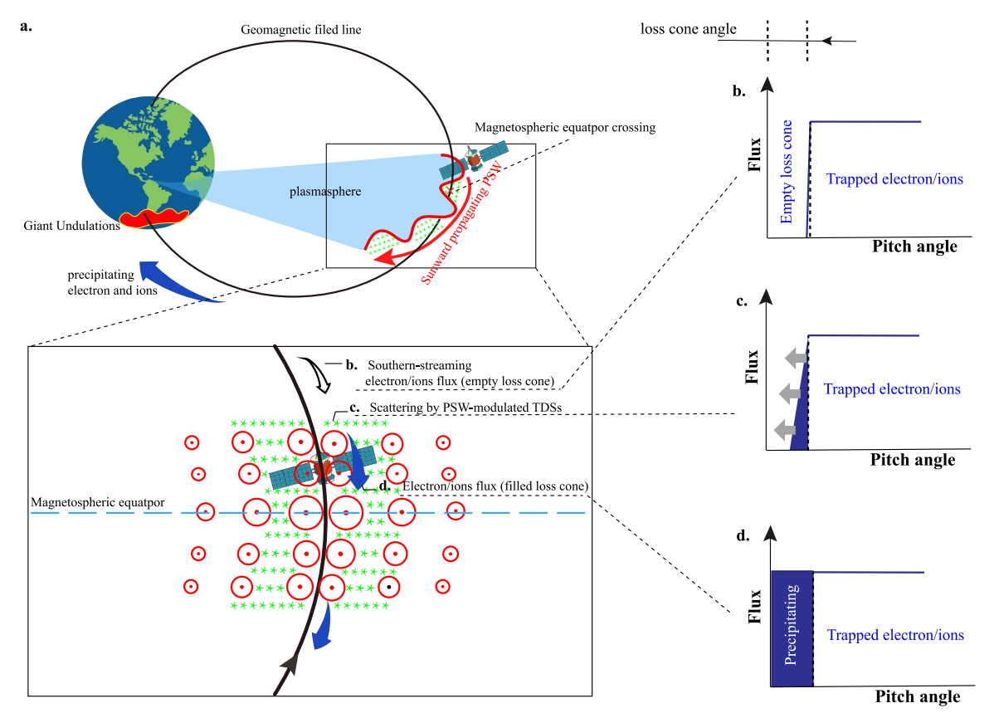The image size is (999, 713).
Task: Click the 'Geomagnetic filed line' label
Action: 300,30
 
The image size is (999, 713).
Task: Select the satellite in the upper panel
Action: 473,159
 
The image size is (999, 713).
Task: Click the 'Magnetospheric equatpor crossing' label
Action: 565,128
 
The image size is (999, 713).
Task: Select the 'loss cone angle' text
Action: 688,29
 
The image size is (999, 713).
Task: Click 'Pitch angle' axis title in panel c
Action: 914,460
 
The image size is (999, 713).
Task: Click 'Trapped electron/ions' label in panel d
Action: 895,635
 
